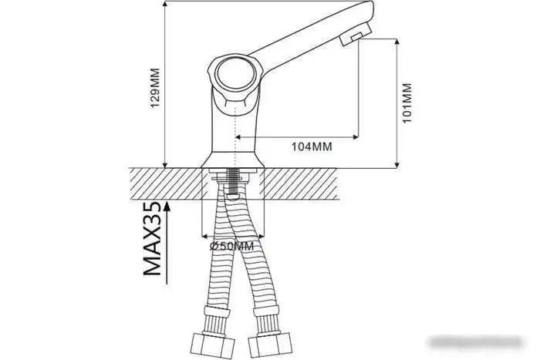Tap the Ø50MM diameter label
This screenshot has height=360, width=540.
point(231,245)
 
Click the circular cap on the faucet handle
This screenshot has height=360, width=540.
point(232,74)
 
